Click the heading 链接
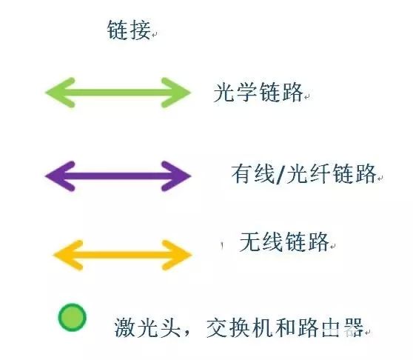(x=129, y=30)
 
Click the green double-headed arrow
(x=118, y=93)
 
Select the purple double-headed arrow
(x=118, y=176)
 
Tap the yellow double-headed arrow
(x=122, y=255)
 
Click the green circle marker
(x=73, y=317)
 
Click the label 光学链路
(x=258, y=92)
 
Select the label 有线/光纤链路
(x=303, y=173)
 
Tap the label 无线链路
(x=284, y=241)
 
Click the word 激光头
(x=147, y=327)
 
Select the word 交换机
(x=239, y=327)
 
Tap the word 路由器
(x=331, y=327)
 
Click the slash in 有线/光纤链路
(x=280, y=174)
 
